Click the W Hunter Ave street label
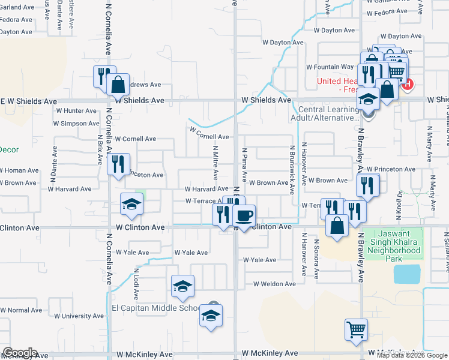[x=76, y=110]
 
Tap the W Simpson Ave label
[x=76, y=124]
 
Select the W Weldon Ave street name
[x=274, y=284]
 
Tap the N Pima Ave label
[x=244, y=165]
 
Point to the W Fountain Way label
[x=330, y=67]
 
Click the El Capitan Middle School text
[x=155, y=308]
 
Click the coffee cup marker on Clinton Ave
[x=244, y=216]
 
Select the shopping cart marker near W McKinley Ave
[x=356, y=330]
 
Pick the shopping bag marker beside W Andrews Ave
[x=118, y=86]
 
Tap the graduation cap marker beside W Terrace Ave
[x=131, y=205]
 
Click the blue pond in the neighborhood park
[x=406, y=274]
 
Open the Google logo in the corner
[x=19, y=353]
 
